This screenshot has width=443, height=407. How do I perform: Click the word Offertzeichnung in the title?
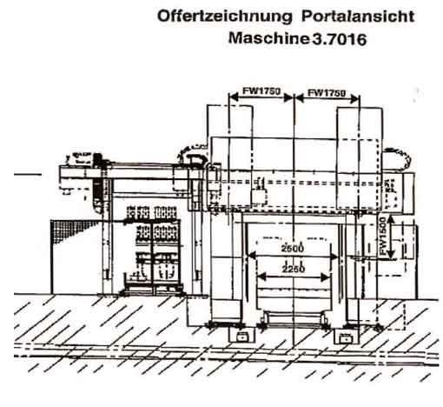[225, 17]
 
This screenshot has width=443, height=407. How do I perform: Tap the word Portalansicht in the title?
[358, 16]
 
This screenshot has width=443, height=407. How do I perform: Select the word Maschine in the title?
[269, 38]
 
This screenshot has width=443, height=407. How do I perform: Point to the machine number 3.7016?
[340, 39]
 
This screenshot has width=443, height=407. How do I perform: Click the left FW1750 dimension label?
[261, 90]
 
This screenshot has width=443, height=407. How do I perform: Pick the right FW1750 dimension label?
[327, 93]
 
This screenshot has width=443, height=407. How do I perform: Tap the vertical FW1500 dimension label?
[383, 236]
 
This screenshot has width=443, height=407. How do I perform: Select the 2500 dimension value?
[292, 248]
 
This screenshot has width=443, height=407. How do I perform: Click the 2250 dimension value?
[294, 269]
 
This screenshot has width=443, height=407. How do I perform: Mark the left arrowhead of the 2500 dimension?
[252, 256]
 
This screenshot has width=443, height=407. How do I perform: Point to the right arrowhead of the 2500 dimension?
[334, 257]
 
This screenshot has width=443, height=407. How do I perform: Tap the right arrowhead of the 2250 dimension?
[326, 277]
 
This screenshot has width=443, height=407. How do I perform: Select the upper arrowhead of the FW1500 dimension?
[391, 220]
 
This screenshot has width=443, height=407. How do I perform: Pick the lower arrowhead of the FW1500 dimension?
[391, 254]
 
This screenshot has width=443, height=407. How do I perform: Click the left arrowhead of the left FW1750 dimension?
[234, 97]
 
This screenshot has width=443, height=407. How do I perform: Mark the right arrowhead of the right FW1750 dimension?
[354, 99]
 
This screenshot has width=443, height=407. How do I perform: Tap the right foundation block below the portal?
[346, 337]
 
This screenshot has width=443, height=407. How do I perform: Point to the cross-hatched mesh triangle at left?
[69, 230]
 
